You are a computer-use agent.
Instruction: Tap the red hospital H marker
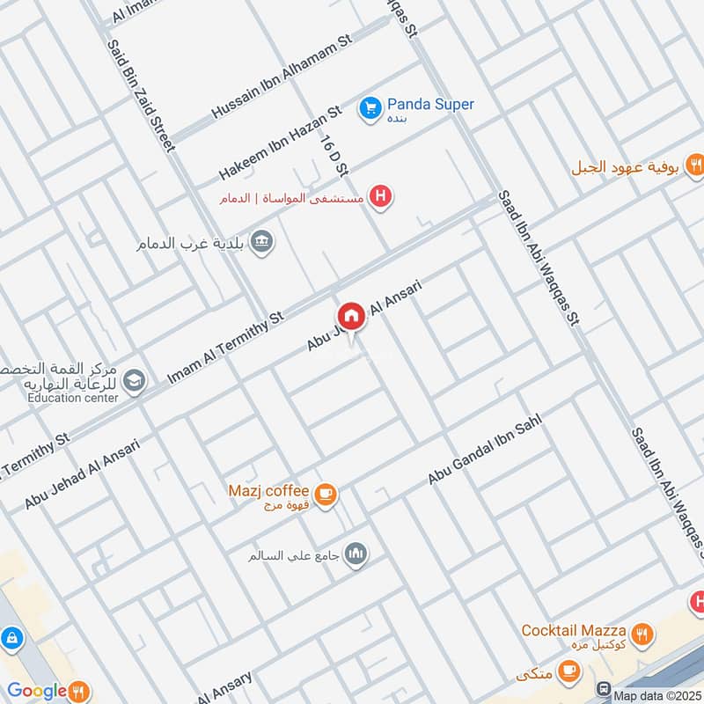coord(379,196)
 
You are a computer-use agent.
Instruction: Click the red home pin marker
coord(350,315)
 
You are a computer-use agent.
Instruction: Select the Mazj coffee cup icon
coord(326,495)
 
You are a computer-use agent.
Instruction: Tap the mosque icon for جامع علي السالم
coord(356,554)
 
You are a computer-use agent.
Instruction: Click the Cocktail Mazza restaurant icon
coord(643,632)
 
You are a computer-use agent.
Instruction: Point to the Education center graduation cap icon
coord(134,380)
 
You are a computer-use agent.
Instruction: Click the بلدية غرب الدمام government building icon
coord(261,241)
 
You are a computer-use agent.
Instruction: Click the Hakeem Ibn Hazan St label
coord(279,143)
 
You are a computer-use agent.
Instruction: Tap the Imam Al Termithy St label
coord(226,348)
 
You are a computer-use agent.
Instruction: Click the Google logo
coord(37,691)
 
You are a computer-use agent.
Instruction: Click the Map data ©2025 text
coord(656,695)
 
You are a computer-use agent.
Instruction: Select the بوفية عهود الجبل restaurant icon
coord(695,165)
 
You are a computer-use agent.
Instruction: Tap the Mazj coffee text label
coord(268,490)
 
